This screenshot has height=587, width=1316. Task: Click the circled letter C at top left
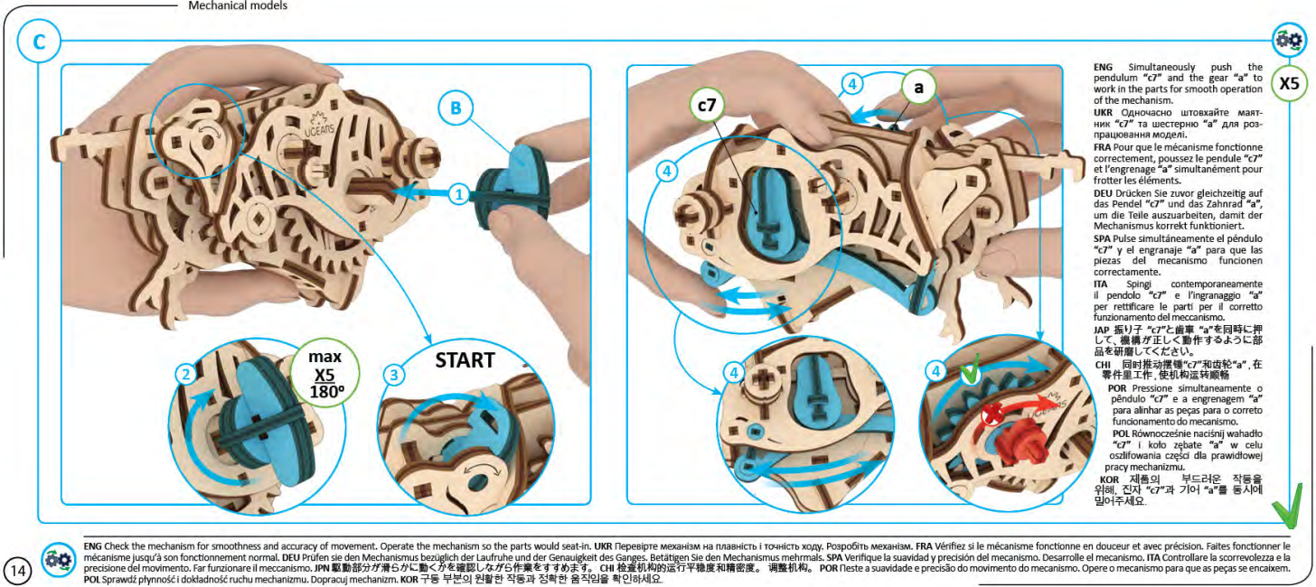[x=38, y=42]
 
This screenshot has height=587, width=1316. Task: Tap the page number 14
[x=19, y=570]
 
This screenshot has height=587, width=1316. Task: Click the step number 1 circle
[x=459, y=192]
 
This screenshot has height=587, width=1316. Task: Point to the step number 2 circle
[x=184, y=373]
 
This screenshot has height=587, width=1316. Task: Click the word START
[x=465, y=359]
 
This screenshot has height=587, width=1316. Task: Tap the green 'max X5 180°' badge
[x=323, y=374]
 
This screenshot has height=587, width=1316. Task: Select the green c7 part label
[x=706, y=106]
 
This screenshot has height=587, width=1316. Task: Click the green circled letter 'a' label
[x=918, y=88]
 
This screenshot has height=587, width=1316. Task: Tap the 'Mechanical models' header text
[x=238, y=5]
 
